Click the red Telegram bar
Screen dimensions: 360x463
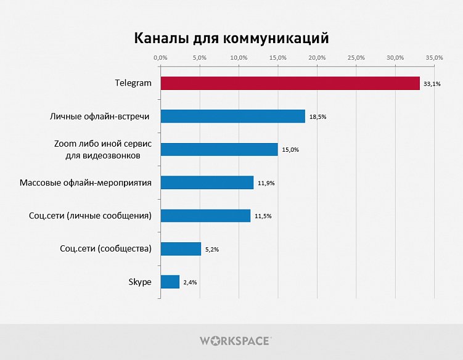290,83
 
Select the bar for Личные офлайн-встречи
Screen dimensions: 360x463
232,116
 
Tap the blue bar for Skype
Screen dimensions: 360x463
170,282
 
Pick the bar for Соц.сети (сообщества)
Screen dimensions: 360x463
181,248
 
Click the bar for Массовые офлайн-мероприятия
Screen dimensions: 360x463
207,182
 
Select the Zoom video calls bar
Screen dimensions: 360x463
219,149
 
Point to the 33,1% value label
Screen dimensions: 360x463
432,84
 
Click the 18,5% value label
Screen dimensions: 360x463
317,117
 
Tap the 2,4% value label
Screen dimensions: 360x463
191,282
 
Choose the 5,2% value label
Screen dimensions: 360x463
212,249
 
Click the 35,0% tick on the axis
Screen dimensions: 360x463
435,57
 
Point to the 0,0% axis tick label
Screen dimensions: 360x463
160,57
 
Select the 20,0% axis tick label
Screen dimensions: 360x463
317,57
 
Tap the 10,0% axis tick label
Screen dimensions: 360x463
239,57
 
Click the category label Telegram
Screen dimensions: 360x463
133,83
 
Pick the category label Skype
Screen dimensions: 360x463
140,282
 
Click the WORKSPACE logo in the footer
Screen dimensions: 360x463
235,340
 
